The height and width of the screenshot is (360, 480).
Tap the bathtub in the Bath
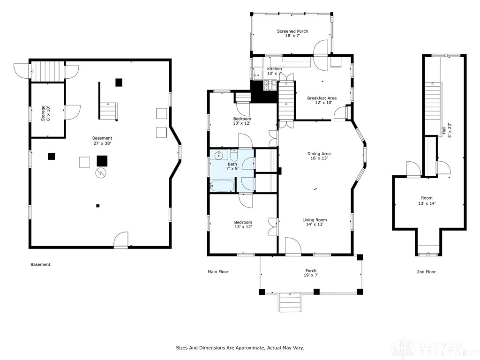point(222,186)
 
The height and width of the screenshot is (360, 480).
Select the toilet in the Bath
point(234,155)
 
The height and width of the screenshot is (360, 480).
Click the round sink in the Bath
point(219,156)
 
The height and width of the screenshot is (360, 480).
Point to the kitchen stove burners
point(270,85)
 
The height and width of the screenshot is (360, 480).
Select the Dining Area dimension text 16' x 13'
point(319,158)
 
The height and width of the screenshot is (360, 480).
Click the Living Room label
point(315,220)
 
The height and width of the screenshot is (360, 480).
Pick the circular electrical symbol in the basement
point(101,173)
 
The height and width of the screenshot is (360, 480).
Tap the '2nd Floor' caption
point(426,272)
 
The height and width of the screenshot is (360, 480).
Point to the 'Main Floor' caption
point(218,272)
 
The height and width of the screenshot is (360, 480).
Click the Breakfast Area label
point(322,98)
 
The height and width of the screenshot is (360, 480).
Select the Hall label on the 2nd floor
point(443,130)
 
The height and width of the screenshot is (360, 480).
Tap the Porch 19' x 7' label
point(311,273)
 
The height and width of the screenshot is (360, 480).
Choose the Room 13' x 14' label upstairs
point(427,201)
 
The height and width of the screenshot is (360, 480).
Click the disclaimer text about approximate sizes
point(240,348)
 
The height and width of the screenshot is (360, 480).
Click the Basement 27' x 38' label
point(102,141)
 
